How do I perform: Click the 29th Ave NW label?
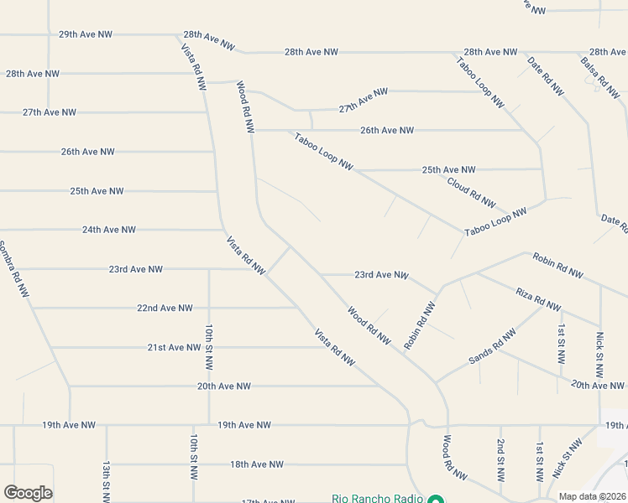(86, 34)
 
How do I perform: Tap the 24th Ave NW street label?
(109, 230)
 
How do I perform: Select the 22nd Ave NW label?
(165, 309)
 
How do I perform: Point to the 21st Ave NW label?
(175, 347)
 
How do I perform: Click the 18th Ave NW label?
(257, 464)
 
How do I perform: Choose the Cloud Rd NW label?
(471, 193)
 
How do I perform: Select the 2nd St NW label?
(500, 459)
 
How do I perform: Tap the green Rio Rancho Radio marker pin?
(435, 500)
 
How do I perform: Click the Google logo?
(29, 493)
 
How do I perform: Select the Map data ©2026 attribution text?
(591, 496)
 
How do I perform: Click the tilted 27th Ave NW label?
(364, 101)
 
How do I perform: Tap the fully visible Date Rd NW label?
(546, 76)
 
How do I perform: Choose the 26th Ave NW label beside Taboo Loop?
(387, 131)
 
